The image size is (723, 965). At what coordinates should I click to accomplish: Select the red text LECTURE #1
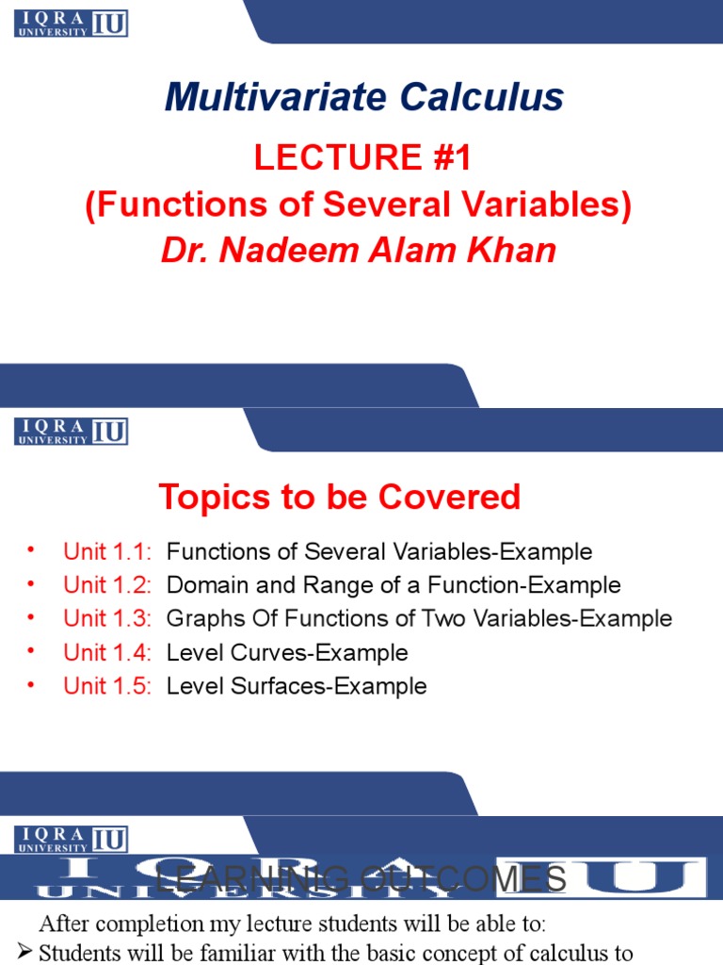coord(362,158)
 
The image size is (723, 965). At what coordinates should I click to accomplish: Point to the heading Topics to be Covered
coord(339,497)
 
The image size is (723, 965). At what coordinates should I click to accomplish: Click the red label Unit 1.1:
coord(106,551)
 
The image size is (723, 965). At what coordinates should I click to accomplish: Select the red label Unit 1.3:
coord(106,619)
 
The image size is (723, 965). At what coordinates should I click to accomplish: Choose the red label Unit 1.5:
coord(106,686)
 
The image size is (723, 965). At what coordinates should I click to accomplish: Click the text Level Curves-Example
coord(287,653)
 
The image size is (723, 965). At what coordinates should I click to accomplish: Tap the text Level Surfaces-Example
coord(297,686)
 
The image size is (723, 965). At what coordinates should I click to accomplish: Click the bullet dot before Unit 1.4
coord(31,650)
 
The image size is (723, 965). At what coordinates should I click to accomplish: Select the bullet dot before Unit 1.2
coord(31,582)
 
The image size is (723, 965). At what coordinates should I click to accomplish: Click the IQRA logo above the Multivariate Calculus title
coord(72,24)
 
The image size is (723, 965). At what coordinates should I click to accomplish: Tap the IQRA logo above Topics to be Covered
coord(72,431)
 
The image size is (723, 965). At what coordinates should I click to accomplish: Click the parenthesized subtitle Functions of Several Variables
coord(358,204)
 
